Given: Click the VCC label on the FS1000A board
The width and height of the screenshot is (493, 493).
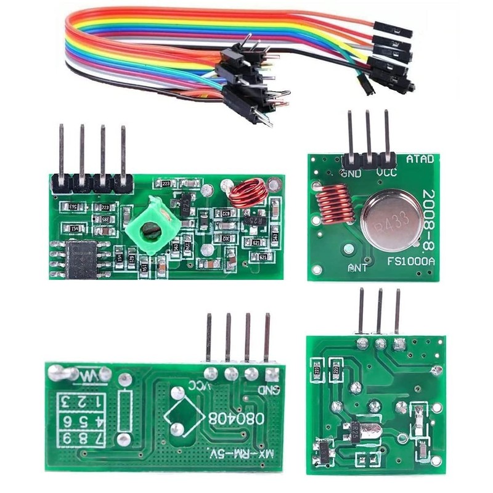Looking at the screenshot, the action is tap(387, 173).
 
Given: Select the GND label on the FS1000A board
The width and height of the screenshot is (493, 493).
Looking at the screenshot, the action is tap(351, 173).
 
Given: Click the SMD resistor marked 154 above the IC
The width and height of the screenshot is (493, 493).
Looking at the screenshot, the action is tap(75, 229).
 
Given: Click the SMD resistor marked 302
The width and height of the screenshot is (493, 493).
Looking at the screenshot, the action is tap(226, 238).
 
